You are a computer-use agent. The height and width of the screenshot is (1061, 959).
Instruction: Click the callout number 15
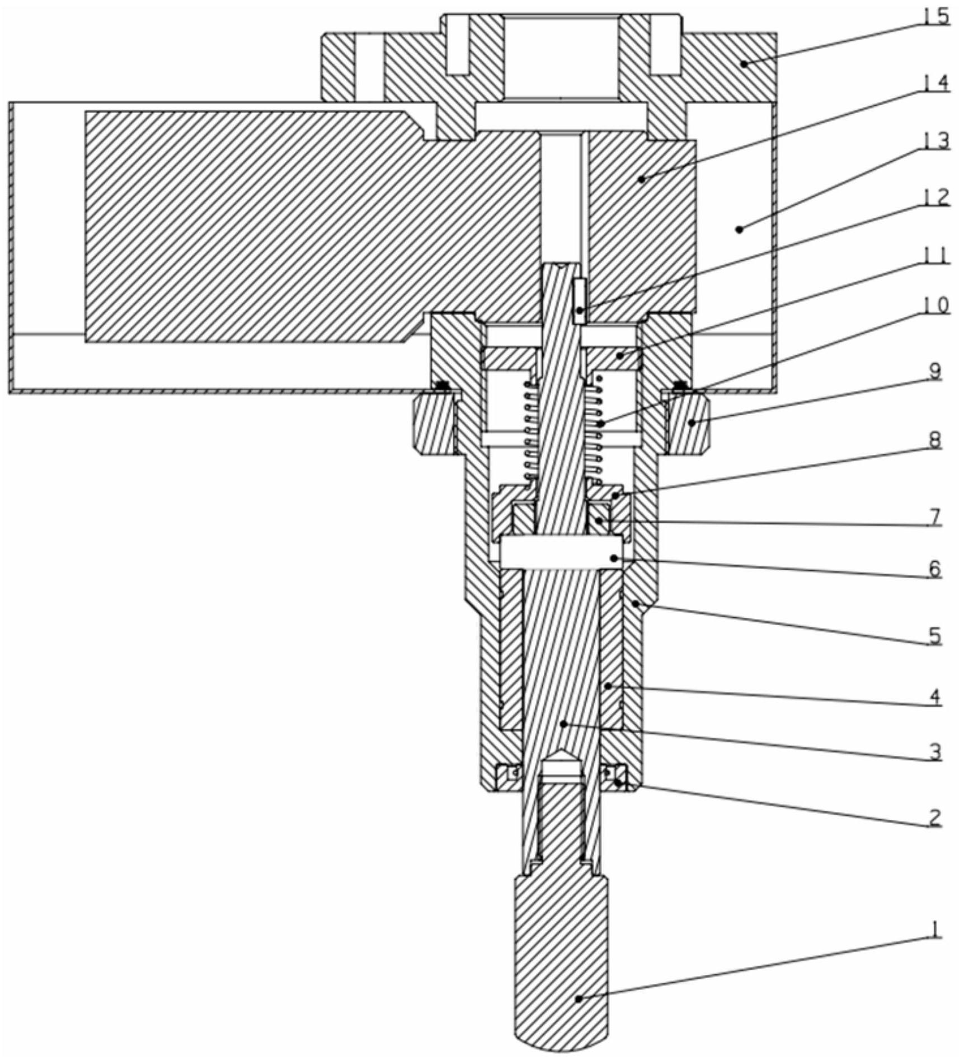(x=936, y=16)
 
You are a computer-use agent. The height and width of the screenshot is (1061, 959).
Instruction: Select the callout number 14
(x=936, y=83)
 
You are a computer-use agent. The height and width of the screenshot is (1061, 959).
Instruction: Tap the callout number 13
(x=936, y=140)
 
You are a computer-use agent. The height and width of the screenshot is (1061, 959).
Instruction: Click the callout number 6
(x=935, y=569)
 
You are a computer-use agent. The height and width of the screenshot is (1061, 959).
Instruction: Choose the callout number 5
(x=935, y=636)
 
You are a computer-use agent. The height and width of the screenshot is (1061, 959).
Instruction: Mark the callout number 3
(x=935, y=752)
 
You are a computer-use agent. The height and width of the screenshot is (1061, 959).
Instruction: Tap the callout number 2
(x=935, y=818)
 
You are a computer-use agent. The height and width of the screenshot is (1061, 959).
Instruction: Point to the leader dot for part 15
(x=744, y=64)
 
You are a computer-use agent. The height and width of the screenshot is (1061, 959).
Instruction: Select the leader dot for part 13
(x=739, y=229)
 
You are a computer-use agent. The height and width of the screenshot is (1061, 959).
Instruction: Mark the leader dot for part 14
(x=642, y=180)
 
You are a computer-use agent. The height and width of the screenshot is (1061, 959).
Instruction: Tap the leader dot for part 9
(x=692, y=423)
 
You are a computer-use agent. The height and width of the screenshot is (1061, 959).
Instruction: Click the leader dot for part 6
(x=614, y=558)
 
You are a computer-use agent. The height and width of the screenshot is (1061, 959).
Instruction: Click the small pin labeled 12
(x=580, y=302)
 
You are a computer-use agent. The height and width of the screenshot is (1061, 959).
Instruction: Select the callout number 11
(x=936, y=255)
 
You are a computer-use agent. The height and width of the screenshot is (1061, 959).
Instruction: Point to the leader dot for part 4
(x=608, y=686)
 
